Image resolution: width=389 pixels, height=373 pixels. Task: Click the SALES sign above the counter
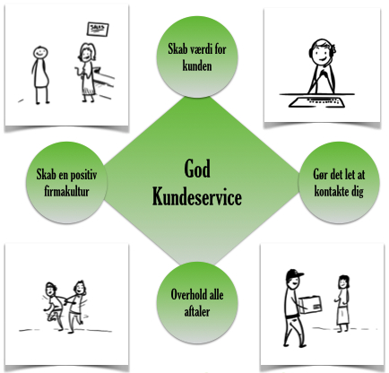tap(98, 30)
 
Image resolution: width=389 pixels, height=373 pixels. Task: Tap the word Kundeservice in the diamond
tap(197, 196)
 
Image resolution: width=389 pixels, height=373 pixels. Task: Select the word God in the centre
tap(197, 169)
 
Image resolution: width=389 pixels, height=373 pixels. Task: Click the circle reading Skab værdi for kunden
tap(197, 56)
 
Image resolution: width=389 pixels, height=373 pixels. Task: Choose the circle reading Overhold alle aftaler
tap(197, 302)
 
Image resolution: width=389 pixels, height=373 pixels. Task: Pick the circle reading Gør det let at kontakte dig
tap(339, 182)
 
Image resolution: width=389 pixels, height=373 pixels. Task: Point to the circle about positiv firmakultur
tap(66, 182)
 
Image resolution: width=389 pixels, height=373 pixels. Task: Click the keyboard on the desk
tap(317, 102)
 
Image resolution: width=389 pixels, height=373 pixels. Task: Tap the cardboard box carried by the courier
tap(311, 305)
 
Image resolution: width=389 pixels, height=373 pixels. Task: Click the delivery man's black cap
tap(294, 274)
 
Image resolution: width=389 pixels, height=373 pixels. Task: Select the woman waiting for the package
tap(343, 303)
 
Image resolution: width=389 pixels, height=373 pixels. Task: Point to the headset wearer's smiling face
tap(321, 53)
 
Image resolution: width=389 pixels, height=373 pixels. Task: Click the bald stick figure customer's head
tap(40, 53)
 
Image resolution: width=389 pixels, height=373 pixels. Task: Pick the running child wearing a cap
tap(54, 305)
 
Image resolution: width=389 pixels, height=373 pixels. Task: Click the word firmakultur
tap(66, 191)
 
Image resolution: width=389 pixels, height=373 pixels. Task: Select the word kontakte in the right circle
tap(331, 191)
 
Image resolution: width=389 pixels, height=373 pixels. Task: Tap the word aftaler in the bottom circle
tap(197, 312)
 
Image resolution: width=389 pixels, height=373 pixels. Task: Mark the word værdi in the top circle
tap(202, 49)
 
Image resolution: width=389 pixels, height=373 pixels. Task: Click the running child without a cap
tap(75, 307)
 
